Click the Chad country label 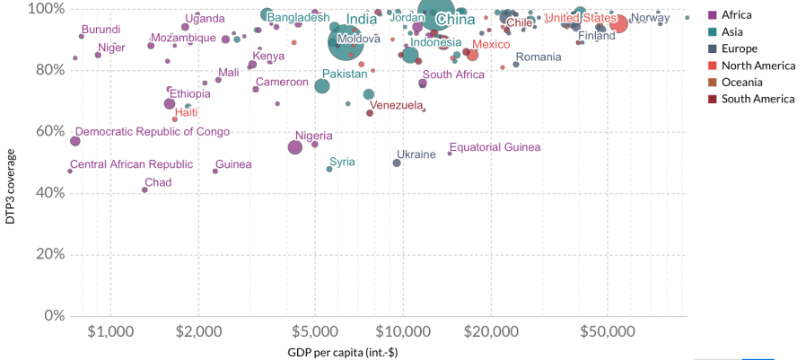(158, 182)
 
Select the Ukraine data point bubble (397, 162)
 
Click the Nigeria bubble (294, 147)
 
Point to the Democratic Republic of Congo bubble (75, 141)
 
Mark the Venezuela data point (370, 112)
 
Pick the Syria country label (342, 162)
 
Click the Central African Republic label (131, 164)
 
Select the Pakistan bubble (322, 86)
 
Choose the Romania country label (539, 57)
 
